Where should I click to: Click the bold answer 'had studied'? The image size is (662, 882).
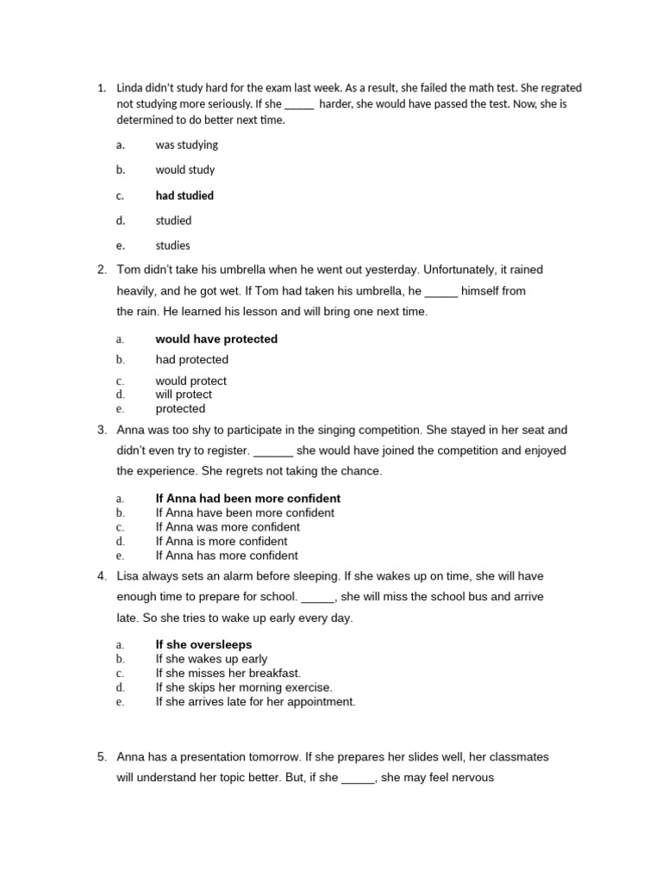click(x=184, y=196)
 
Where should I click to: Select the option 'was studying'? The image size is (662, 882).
click(x=186, y=145)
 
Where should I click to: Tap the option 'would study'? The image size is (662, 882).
click(x=185, y=170)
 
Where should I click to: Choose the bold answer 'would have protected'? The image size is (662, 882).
click(x=216, y=339)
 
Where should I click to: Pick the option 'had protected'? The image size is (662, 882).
click(x=191, y=360)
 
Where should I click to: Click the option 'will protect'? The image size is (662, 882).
click(x=184, y=394)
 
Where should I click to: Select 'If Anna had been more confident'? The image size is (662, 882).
click(x=247, y=499)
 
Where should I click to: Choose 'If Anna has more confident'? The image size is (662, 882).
click(x=227, y=556)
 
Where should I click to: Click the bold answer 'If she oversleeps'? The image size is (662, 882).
click(x=203, y=644)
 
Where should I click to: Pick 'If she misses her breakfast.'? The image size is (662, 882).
click(x=228, y=673)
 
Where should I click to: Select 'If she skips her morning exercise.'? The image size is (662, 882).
click(x=244, y=687)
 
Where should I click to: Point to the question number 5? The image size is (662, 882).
click(x=102, y=757)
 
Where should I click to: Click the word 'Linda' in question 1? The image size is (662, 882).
click(x=130, y=88)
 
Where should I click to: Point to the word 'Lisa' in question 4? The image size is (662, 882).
click(x=129, y=576)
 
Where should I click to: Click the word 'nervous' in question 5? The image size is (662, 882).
click(x=472, y=778)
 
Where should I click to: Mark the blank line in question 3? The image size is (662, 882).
click(x=274, y=450)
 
